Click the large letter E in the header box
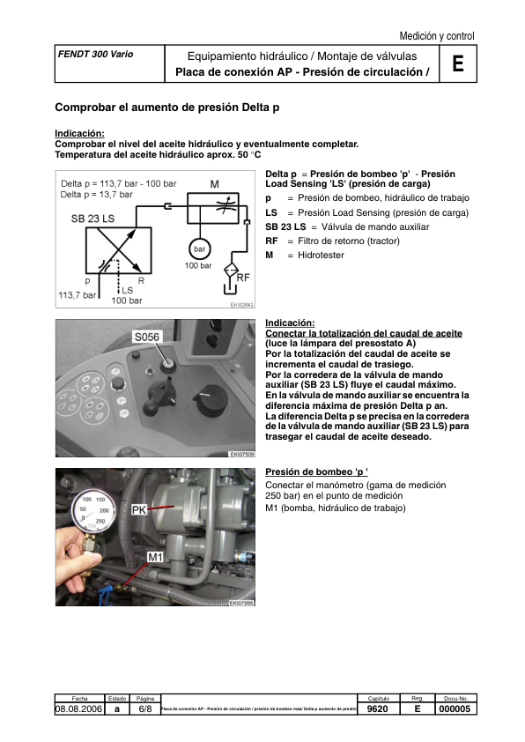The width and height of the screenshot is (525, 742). click(x=457, y=64)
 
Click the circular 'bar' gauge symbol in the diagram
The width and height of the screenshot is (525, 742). click(x=199, y=249)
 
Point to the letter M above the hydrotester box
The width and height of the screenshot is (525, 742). click(x=214, y=184)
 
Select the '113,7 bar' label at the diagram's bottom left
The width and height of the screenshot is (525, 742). click(x=77, y=295)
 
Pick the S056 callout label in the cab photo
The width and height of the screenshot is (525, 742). click(x=146, y=338)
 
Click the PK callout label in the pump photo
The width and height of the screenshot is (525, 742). click(x=139, y=509)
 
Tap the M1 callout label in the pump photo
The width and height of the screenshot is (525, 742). click(x=155, y=556)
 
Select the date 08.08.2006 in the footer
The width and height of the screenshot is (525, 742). click(x=79, y=708)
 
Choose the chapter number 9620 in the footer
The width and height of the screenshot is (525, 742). click(x=378, y=708)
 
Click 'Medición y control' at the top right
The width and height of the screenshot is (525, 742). click(x=436, y=36)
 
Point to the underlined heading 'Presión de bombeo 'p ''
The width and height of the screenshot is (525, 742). click(x=315, y=471)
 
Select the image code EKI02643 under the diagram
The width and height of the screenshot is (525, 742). click(x=241, y=306)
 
